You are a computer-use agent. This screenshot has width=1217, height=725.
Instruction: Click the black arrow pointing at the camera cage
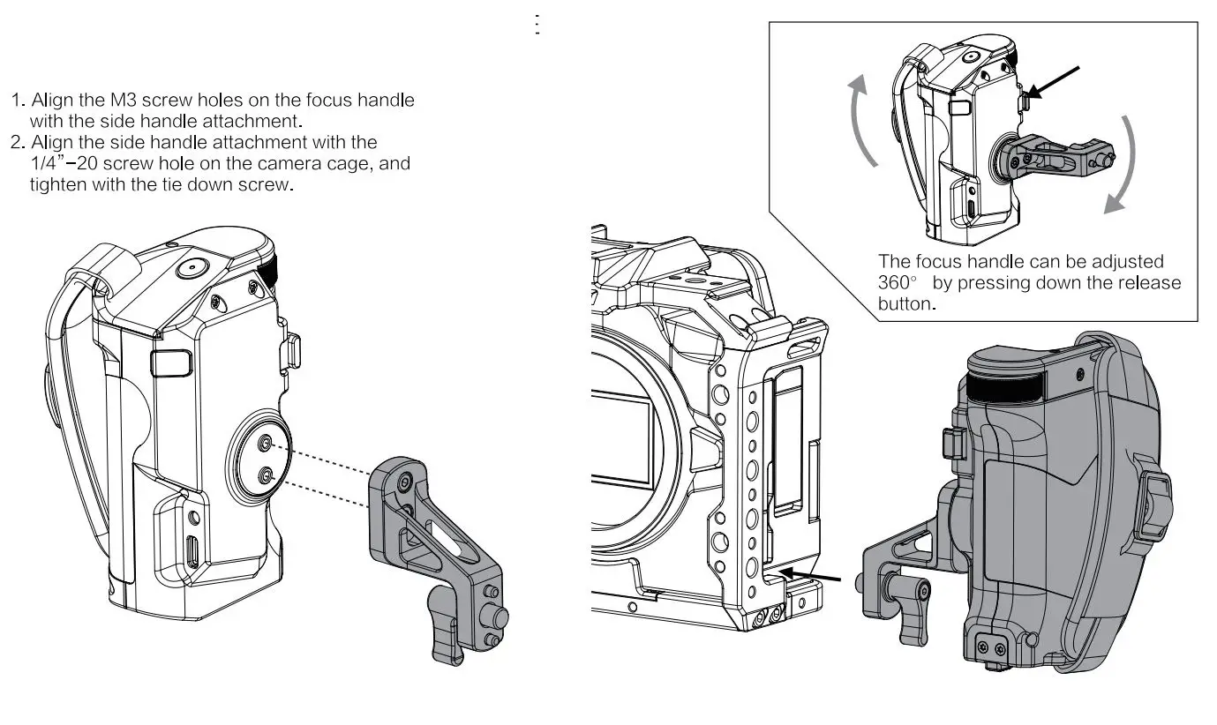(810, 576)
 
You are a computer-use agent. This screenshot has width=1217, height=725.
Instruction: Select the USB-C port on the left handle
(192, 551)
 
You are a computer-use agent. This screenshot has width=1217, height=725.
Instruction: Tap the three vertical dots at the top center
(537, 24)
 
